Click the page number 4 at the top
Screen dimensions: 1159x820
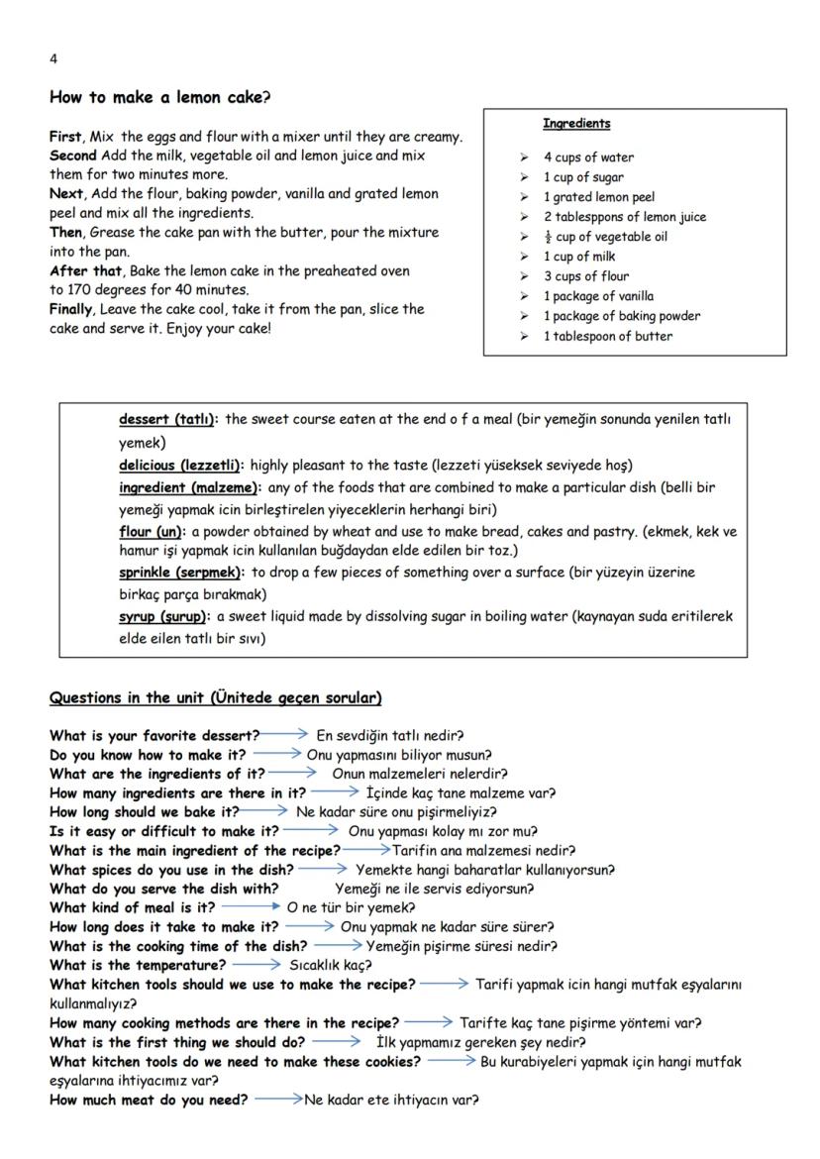click(x=52, y=58)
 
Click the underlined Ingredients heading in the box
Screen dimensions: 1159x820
click(x=575, y=124)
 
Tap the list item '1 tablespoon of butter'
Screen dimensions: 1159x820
click(x=607, y=336)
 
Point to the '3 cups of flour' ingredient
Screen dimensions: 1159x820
click(x=585, y=276)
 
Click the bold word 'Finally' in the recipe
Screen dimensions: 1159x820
click(x=72, y=309)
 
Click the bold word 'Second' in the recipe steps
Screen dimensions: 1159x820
click(x=72, y=156)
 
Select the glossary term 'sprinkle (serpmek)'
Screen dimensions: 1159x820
click(x=180, y=572)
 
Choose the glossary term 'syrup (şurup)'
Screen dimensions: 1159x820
click(x=163, y=616)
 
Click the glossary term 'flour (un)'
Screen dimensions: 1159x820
click(x=151, y=532)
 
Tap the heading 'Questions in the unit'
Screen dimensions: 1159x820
click(x=215, y=698)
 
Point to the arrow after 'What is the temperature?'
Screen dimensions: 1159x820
click(x=256, y=965)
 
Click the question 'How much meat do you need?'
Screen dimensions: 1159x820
click(x=149, y=1100)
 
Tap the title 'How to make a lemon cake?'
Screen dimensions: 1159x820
click(x=159, y=97)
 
